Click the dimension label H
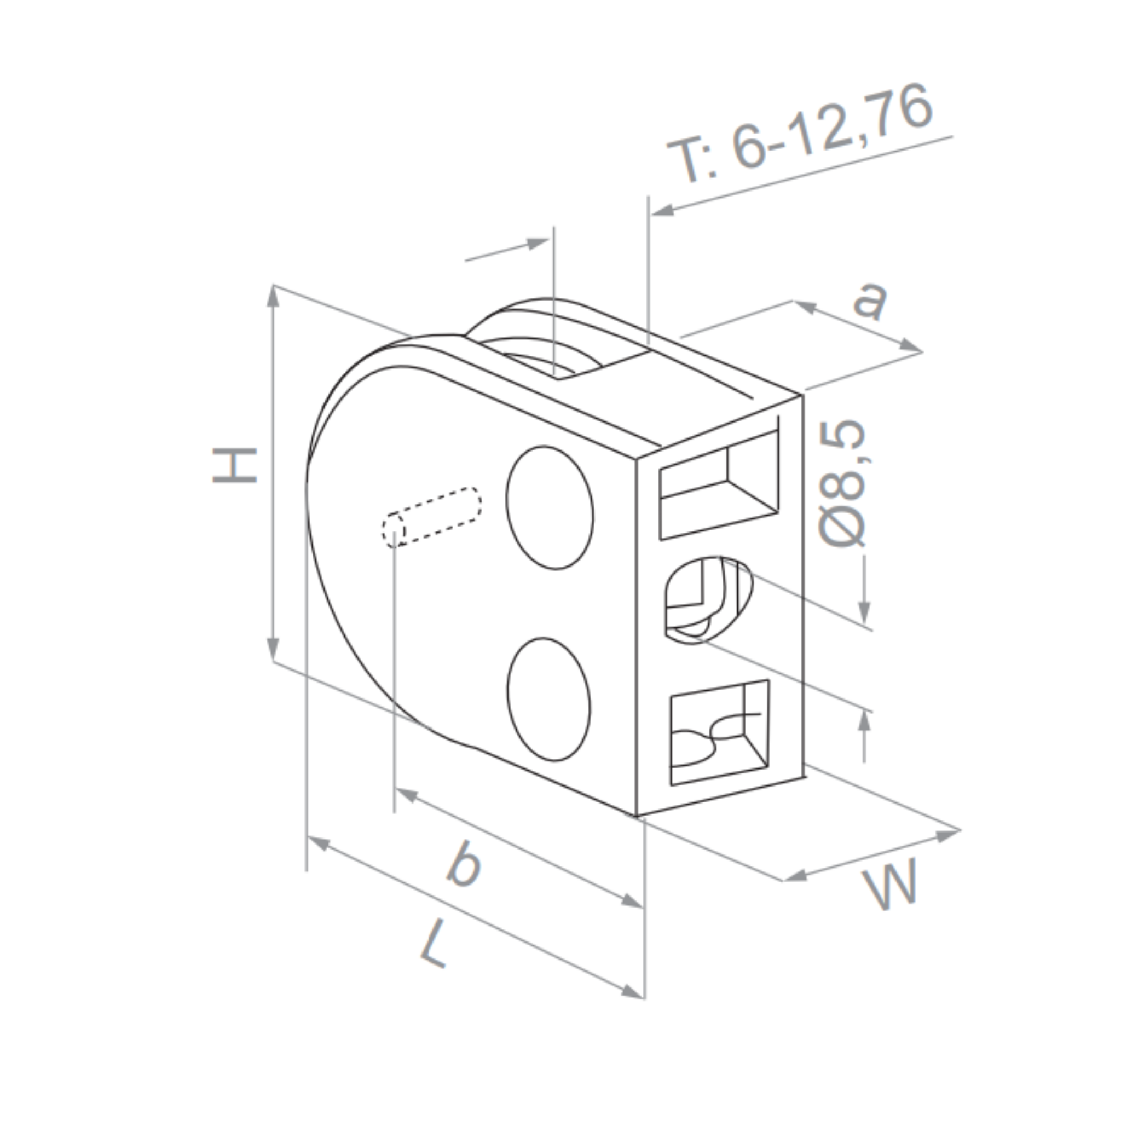[234, 465]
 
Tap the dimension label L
[434, 944]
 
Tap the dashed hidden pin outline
[432, 517]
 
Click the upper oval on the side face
[550, 508]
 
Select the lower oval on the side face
[548, 699]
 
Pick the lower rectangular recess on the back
[719, 732]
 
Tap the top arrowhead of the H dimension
[273, 296]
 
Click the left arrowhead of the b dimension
[406, 794]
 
